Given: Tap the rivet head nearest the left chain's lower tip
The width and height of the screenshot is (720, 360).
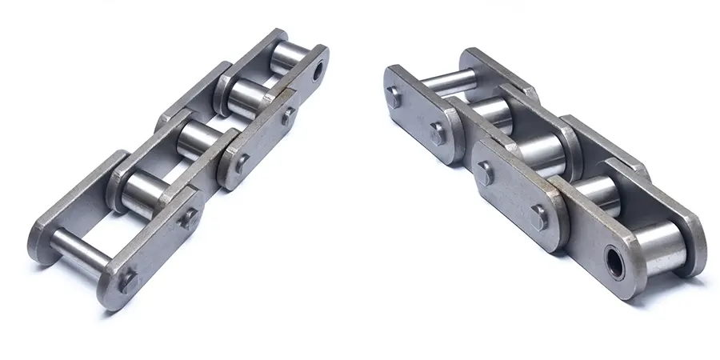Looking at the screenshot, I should click(126, 281).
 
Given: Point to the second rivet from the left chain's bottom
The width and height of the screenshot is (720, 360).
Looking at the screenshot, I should click(188, 218).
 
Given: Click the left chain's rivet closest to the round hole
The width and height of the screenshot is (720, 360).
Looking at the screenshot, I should click(286, 117).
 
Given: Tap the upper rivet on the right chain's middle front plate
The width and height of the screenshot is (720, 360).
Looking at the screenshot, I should click(484, 170).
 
